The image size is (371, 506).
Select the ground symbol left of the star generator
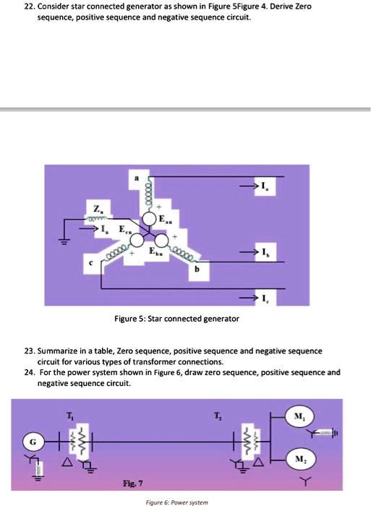(x=64, y=242)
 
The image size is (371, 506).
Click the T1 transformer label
(x=70, y=414)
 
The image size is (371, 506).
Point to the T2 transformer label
(x=217, y=414)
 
